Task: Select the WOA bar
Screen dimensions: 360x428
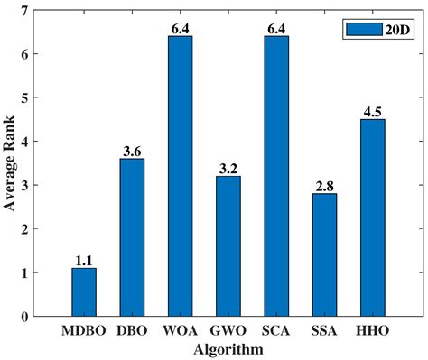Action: [180, 176]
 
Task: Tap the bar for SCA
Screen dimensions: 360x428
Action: [276, 176]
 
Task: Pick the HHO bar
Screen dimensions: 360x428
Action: [372, 217]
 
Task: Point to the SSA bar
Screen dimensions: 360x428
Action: [324, 254]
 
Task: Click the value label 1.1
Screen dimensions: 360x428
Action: [84, 260]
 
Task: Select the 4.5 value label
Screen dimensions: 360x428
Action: [372, 111]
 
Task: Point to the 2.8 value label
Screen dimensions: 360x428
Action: [324, 185]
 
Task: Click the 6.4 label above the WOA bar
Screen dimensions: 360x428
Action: [180, 28]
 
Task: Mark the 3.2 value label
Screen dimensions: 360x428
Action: [228, 168]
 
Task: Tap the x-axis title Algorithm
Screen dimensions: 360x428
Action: [228, 348]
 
